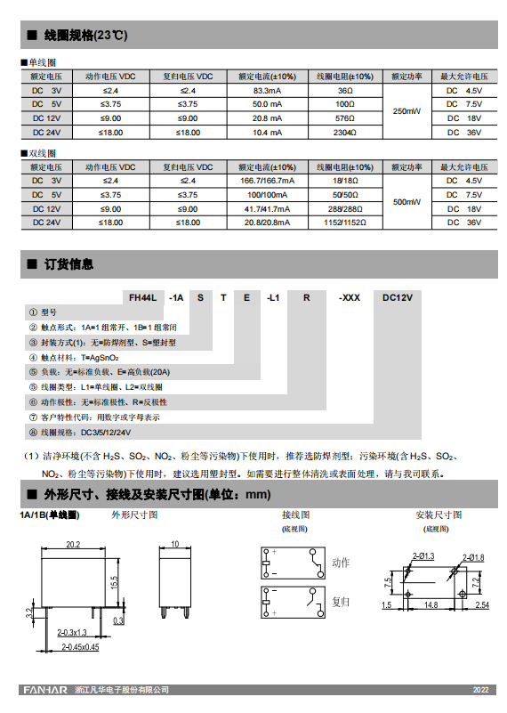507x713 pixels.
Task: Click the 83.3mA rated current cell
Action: (x=268, y=91)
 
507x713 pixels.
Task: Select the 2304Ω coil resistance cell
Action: (x=345, y=133)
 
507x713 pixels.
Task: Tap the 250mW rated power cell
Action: (x=406, y=111)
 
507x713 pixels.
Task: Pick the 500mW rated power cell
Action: (x=406, y=202)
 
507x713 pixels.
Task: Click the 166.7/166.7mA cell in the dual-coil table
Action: (x=268, y=181)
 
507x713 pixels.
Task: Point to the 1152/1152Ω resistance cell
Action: (x=345, y=223)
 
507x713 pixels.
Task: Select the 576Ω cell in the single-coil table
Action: (x=345, y=118)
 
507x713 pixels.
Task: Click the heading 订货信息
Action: (x=68, y=264)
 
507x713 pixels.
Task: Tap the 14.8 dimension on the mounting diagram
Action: (x=431, y=605)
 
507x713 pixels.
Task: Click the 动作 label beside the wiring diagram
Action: (x=341, y=563)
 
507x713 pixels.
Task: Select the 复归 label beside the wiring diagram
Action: (x=341, y=602)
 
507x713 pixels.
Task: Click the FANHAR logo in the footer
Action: (x=42, y=690)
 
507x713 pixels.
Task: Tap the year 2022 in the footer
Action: (x=480, y=691)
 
